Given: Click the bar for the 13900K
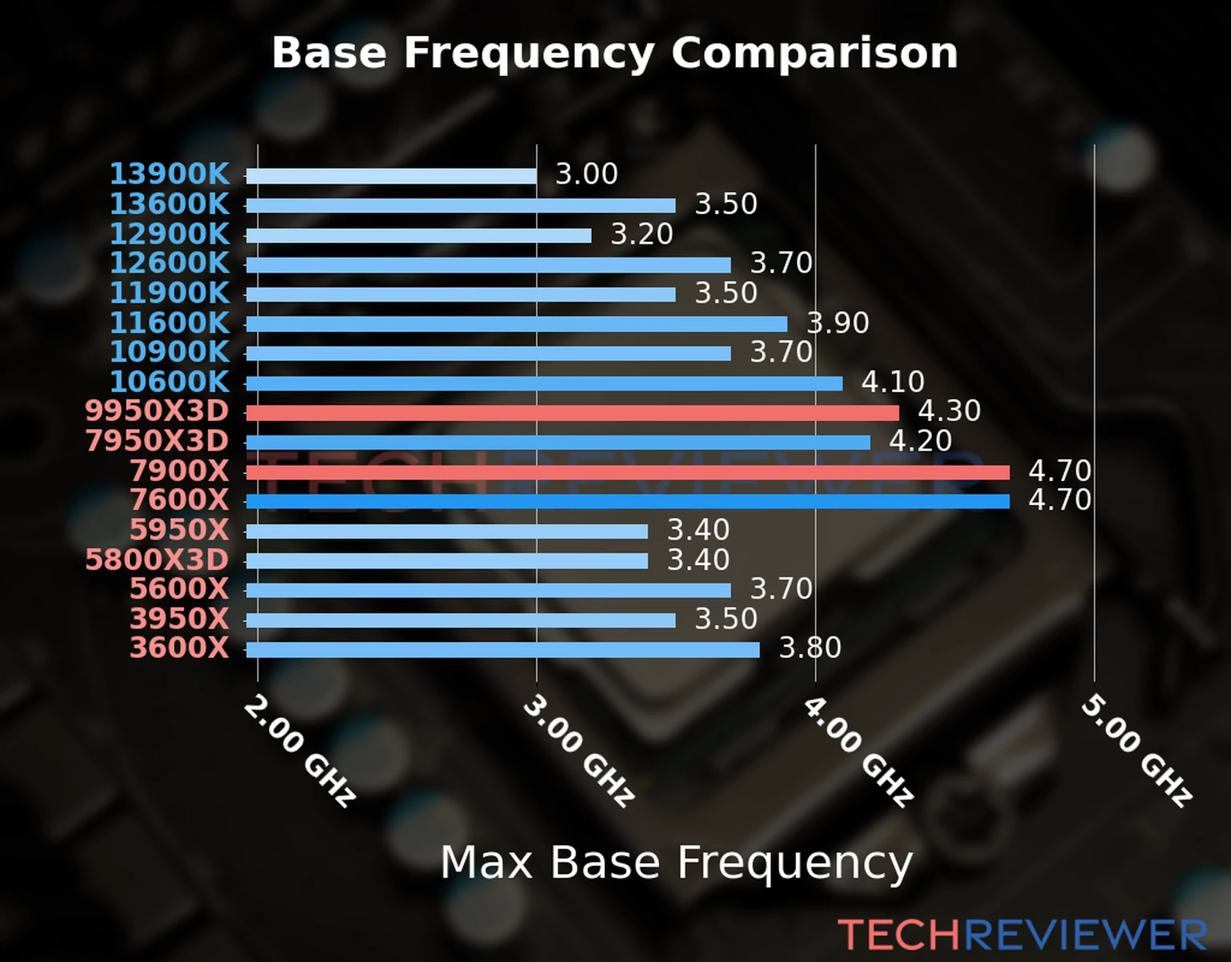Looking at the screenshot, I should coord(391,176).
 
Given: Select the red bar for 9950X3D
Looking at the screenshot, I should coord(572,412).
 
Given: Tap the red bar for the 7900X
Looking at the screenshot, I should coord(628,472).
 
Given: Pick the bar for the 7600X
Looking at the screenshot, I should coord(628,502).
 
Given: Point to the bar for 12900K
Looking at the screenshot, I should coord(418,235).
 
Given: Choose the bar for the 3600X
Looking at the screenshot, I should coord(502,649).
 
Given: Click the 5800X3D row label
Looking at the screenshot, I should coord(157,560).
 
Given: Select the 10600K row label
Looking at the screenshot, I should coord(169,382).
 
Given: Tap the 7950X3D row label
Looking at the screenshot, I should coord(157,441).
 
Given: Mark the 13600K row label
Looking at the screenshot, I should coord(169,204).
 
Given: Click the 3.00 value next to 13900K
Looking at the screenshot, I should coord(587,174).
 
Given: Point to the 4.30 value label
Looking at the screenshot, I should coord(949,411).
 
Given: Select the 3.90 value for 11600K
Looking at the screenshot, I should coord(837,323).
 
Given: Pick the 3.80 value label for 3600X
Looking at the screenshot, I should coord(810,648).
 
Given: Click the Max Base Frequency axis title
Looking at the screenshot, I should coord(676,863).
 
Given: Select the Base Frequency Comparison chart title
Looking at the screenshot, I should coord(615,53).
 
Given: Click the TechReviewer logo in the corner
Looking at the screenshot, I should coord(1022,935).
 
